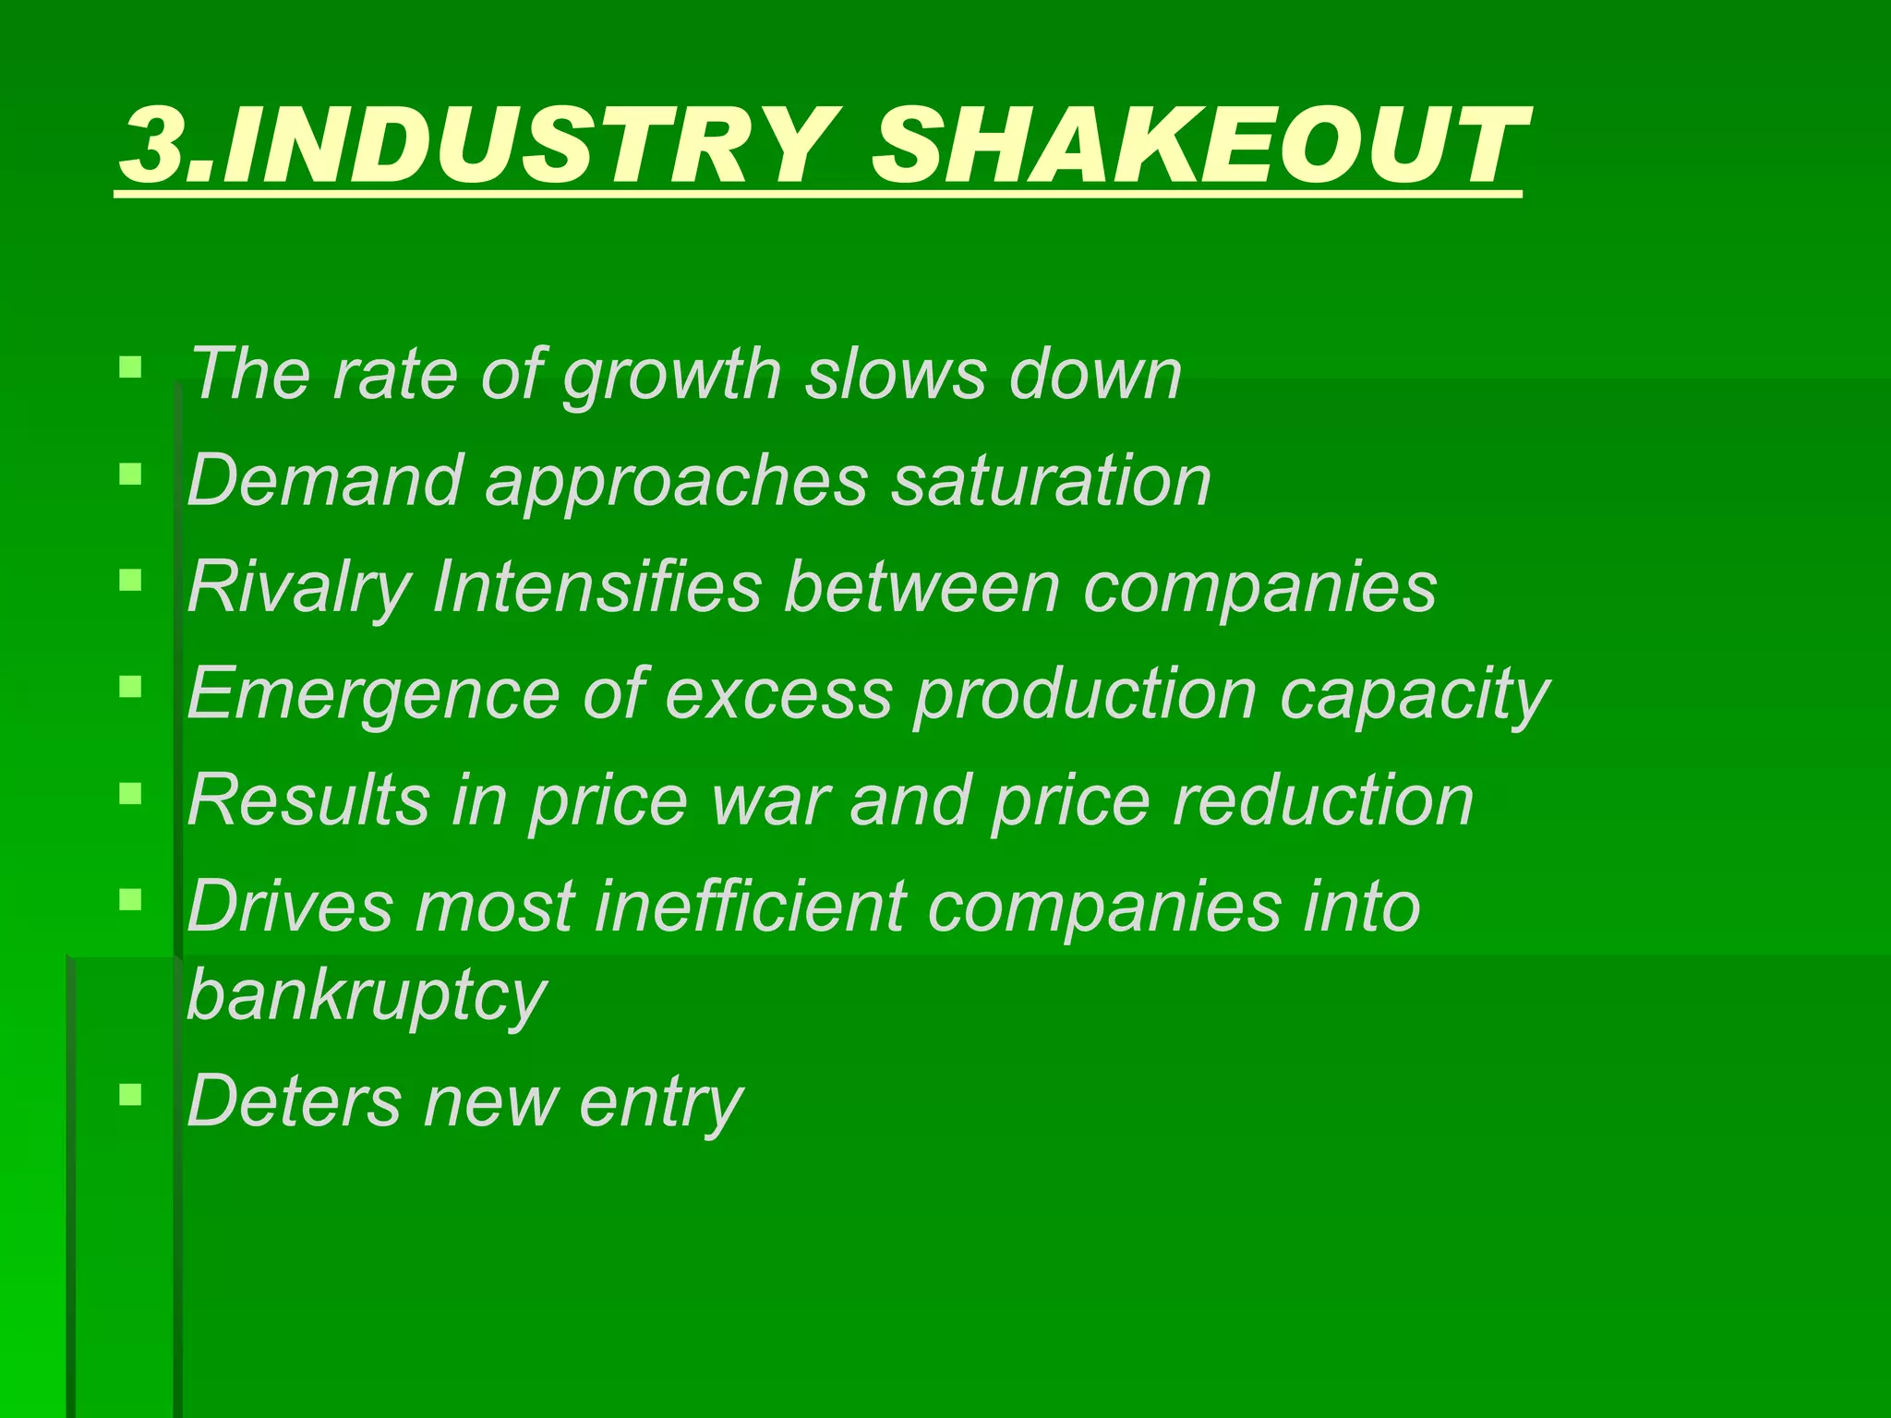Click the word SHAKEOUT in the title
tap(1197, 146)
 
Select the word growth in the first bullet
tap(672, 376)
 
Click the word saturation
tap(1050, 481)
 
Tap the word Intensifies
tap(596, 588)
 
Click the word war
tap(771, 800)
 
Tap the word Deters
tap(294, 1101)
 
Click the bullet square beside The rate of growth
tap(130, 367)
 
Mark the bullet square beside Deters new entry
tap(130, 1095)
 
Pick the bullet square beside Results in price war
tap(130, 793)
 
